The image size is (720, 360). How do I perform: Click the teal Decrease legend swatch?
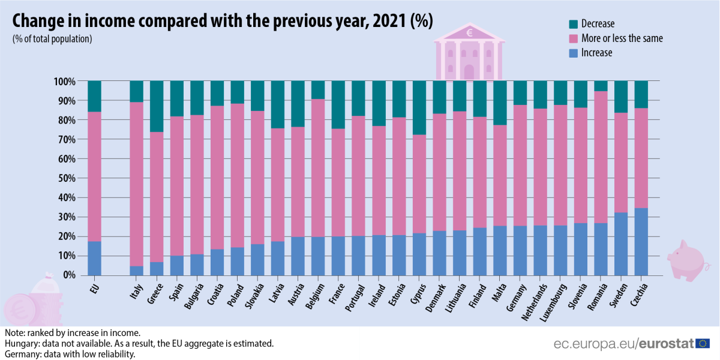573,24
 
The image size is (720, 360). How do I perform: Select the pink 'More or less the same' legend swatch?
573,38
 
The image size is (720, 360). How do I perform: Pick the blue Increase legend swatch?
573,53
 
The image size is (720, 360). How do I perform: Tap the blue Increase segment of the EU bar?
94,258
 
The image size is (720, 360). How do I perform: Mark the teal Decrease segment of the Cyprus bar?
419,108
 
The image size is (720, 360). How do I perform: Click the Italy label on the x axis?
136,293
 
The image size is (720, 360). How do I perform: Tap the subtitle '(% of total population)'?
52,39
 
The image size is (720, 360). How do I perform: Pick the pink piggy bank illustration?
687,259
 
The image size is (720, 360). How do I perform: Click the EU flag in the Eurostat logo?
703,343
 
